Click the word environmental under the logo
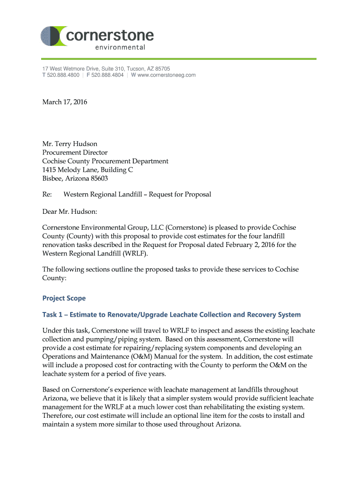120,47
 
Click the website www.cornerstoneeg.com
166,75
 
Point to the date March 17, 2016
65,102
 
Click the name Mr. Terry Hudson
70,144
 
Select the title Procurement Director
75,152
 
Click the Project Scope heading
64,298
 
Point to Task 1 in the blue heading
52,314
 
